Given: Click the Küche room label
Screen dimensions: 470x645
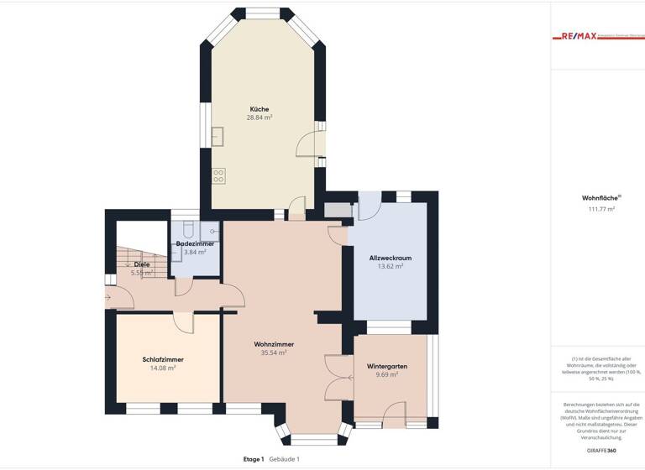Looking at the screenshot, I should (x=259, y=109).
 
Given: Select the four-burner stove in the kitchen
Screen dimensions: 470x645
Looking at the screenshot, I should (x=218, y=175).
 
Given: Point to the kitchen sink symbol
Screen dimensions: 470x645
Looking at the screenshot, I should (x=217, y=137).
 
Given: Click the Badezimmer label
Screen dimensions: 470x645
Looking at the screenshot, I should (x=195, y=243).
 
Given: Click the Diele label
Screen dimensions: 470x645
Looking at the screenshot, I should (x=142, y=264).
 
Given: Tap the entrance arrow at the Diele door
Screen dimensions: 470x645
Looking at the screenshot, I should (x=108, y=296).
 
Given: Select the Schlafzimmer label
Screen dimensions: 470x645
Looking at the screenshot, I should (x=163, y=359).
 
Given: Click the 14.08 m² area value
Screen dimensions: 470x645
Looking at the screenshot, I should (x=163, y=368).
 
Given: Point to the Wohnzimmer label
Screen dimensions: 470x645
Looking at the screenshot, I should (x=274, y=344).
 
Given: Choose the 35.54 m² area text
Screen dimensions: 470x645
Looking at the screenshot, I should (x=274, y=353).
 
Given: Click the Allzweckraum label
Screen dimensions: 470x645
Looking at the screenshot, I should (x=391, y=257).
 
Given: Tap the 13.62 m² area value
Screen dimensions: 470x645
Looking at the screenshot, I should (x=391, y=266).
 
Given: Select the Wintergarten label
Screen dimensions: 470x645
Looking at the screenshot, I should (x=387, y=367).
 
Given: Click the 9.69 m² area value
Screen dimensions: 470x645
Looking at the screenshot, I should (x=387, y=375).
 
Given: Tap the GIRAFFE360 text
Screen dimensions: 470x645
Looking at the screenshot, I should (x=600, y=452).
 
